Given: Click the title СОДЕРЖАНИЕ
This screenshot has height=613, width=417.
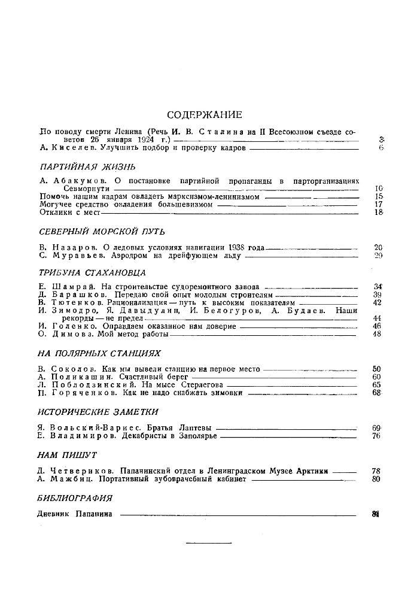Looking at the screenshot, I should (205, 115).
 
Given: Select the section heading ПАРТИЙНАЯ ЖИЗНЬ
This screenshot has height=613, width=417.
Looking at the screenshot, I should (87, 166).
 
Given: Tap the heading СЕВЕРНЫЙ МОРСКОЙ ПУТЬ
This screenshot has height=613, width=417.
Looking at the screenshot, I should (101, 232).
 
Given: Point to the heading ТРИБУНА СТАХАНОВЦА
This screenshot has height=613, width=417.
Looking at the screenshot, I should (92, 272).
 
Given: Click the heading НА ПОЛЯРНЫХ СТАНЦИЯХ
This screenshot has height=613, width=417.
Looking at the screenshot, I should (99, 354).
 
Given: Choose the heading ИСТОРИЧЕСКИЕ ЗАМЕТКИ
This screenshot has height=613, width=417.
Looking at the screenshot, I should (98, 412).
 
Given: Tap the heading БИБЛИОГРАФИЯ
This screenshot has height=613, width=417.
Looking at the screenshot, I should (75, 498).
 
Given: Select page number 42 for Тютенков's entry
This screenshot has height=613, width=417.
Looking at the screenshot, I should (377, 303).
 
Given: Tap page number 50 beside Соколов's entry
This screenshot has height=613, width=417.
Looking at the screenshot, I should (377, 369).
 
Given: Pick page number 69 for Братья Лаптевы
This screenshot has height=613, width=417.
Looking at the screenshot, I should (377, 429).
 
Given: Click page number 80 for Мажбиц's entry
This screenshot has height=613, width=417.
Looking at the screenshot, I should (377, 479).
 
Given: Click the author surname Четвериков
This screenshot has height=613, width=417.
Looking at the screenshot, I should (78, 471).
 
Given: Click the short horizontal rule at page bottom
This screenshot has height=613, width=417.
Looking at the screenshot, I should (209, 543).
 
